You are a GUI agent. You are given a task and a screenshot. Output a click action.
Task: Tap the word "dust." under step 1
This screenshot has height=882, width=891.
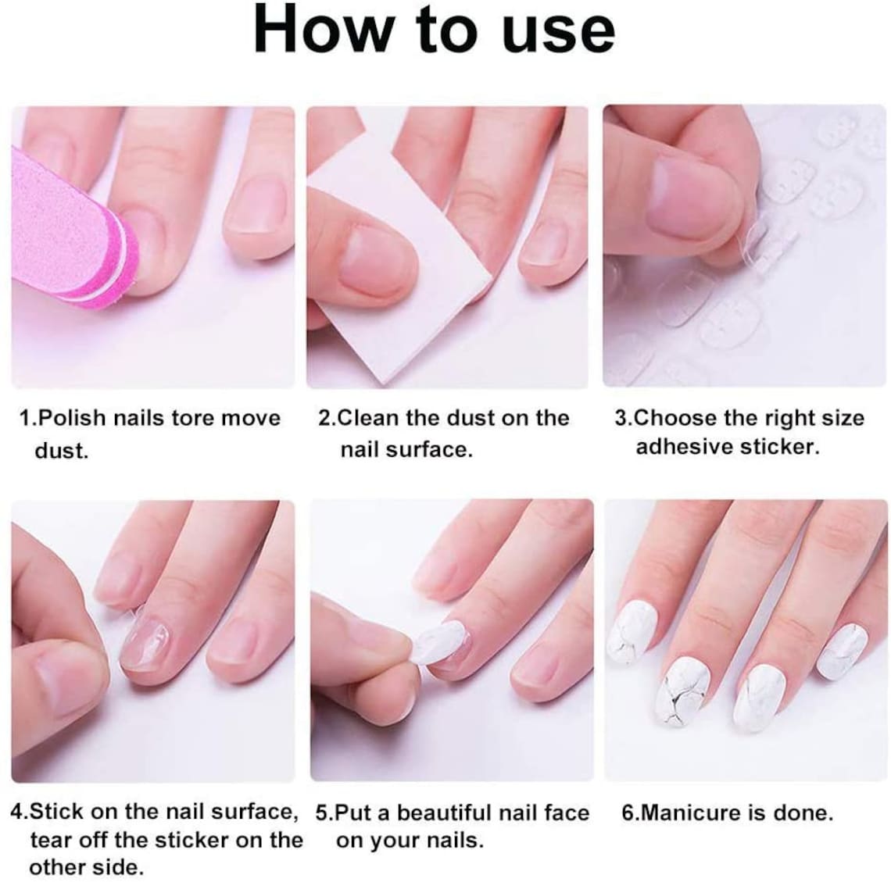[61, 451]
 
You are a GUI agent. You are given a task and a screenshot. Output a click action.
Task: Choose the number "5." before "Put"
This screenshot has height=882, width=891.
[324, 813]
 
